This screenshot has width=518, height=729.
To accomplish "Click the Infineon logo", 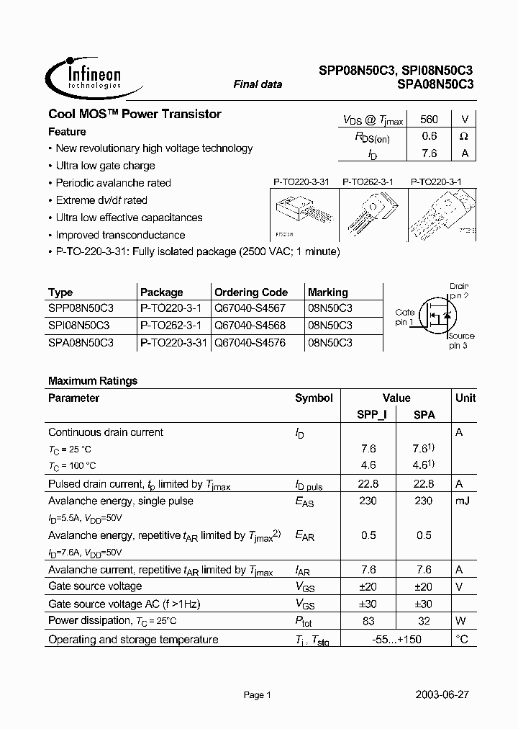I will pos(85,74).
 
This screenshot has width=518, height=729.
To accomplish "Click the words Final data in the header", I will pos(258,84).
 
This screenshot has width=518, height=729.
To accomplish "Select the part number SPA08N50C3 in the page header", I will pos(435,84).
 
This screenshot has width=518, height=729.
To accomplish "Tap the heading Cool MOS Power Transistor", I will pos(135,114).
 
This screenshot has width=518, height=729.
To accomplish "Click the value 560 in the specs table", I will pos(430,120).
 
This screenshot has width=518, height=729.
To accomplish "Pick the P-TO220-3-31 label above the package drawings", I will pos(301,183).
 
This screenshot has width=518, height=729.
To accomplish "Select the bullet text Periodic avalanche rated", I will pos(113,183).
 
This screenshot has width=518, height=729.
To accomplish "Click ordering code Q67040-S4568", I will pos(250,326).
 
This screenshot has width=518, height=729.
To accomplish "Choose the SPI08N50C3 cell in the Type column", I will pos(81,326).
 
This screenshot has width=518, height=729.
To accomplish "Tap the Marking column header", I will pos(328,292).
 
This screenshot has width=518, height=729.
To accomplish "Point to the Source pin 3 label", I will pos(460,341).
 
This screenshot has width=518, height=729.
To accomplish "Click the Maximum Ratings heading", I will pos(93,381).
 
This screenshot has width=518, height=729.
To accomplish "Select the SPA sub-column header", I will pos(424,415).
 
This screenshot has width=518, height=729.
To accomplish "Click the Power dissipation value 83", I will pos(368,621).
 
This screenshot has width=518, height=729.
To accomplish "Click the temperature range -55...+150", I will pos(396,640).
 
